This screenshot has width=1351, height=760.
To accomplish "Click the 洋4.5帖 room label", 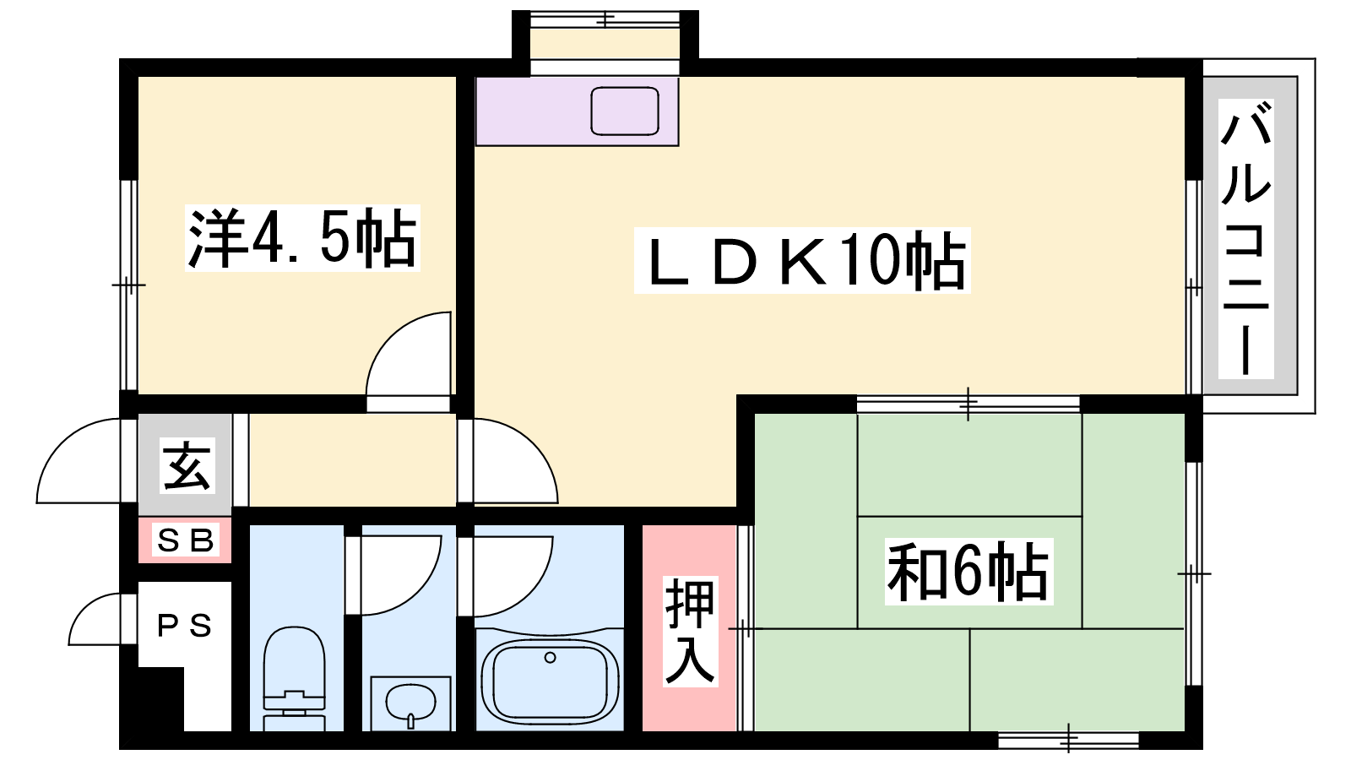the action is point(302,239).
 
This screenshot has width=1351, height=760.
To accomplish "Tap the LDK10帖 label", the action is point(802,261).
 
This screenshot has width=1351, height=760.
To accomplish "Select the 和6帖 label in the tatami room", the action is point(968,572).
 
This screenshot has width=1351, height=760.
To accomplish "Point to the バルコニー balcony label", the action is point(1246,239).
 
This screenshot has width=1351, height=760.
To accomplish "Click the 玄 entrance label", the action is point(187,465).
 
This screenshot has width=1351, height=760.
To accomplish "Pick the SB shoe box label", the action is point(185,540).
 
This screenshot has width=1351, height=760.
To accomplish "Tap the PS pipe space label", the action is point(185,626).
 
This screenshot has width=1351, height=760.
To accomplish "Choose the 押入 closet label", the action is point(690,631).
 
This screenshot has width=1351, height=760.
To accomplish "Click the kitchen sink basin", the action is point(624,111).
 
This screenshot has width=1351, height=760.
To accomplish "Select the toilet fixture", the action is point(295,679).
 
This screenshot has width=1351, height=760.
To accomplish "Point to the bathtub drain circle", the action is point(550,658).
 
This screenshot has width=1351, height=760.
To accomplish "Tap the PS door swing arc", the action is point(84,608).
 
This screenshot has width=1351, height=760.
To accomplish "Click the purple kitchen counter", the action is point(578,111).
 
